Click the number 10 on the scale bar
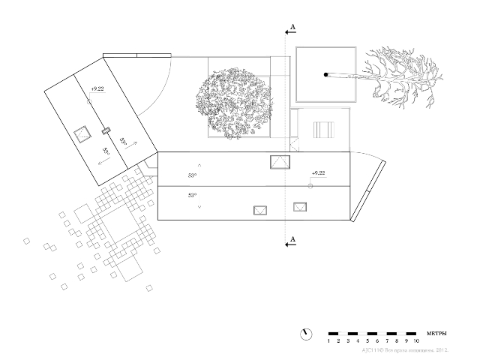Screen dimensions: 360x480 point(415,341)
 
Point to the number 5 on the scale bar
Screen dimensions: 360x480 point(367,341)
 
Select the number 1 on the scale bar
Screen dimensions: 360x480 point(328,341)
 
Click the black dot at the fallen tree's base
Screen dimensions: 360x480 point(325,74)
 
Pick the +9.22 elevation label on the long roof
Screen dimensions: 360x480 point(317,173)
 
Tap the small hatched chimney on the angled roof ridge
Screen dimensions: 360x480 point(106,131)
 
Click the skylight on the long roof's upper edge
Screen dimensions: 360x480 point(279,160)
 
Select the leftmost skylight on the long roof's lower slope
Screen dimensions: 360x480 point(261,211)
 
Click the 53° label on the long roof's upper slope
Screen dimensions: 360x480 point(192,175)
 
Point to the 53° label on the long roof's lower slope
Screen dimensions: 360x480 point(192,195)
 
